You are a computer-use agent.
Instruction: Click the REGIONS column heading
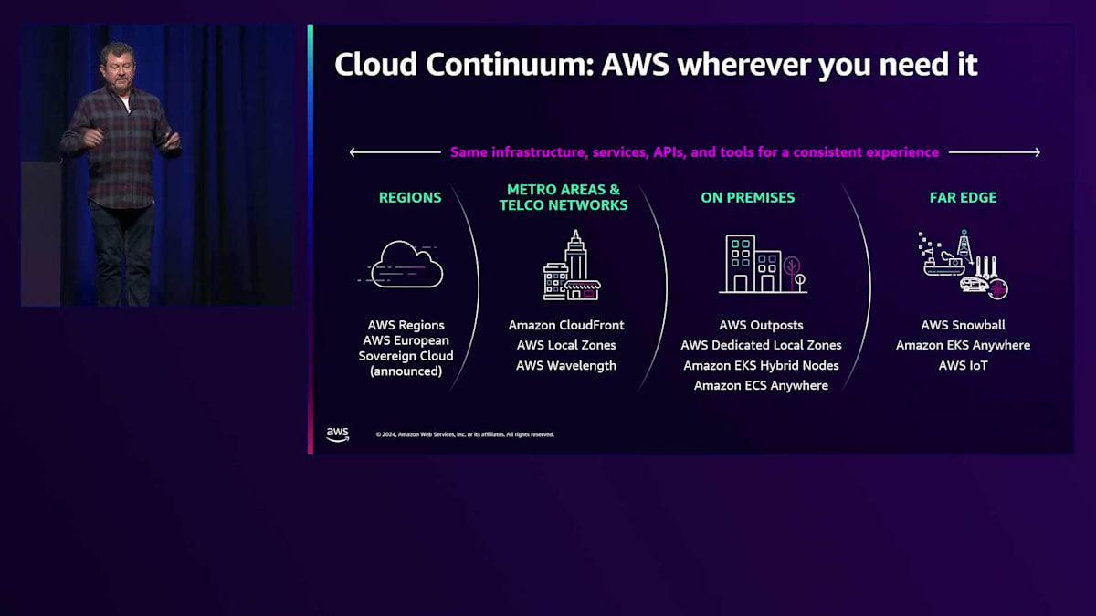point(410,197)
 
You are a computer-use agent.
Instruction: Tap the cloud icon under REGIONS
point(406,265)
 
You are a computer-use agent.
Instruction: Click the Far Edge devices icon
point(963,265)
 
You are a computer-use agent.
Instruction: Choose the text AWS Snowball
point(963,325)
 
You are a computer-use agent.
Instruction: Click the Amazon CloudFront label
point(566,325)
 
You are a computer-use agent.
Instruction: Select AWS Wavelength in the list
point(566,365)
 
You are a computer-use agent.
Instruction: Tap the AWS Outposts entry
point(761,325)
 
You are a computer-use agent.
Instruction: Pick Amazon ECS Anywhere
point(761,385)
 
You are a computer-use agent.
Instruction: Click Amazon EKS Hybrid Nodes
point(761,365)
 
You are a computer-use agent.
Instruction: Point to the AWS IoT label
point(963,365)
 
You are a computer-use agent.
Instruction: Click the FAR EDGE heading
point(963,197)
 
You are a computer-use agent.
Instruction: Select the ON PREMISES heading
point(747,197)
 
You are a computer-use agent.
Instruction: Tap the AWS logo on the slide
point(338,434)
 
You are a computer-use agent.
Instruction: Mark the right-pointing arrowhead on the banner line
point(1037,152)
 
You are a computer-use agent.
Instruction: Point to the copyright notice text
point(465,434)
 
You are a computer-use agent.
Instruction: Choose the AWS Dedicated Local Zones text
point(761,345)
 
